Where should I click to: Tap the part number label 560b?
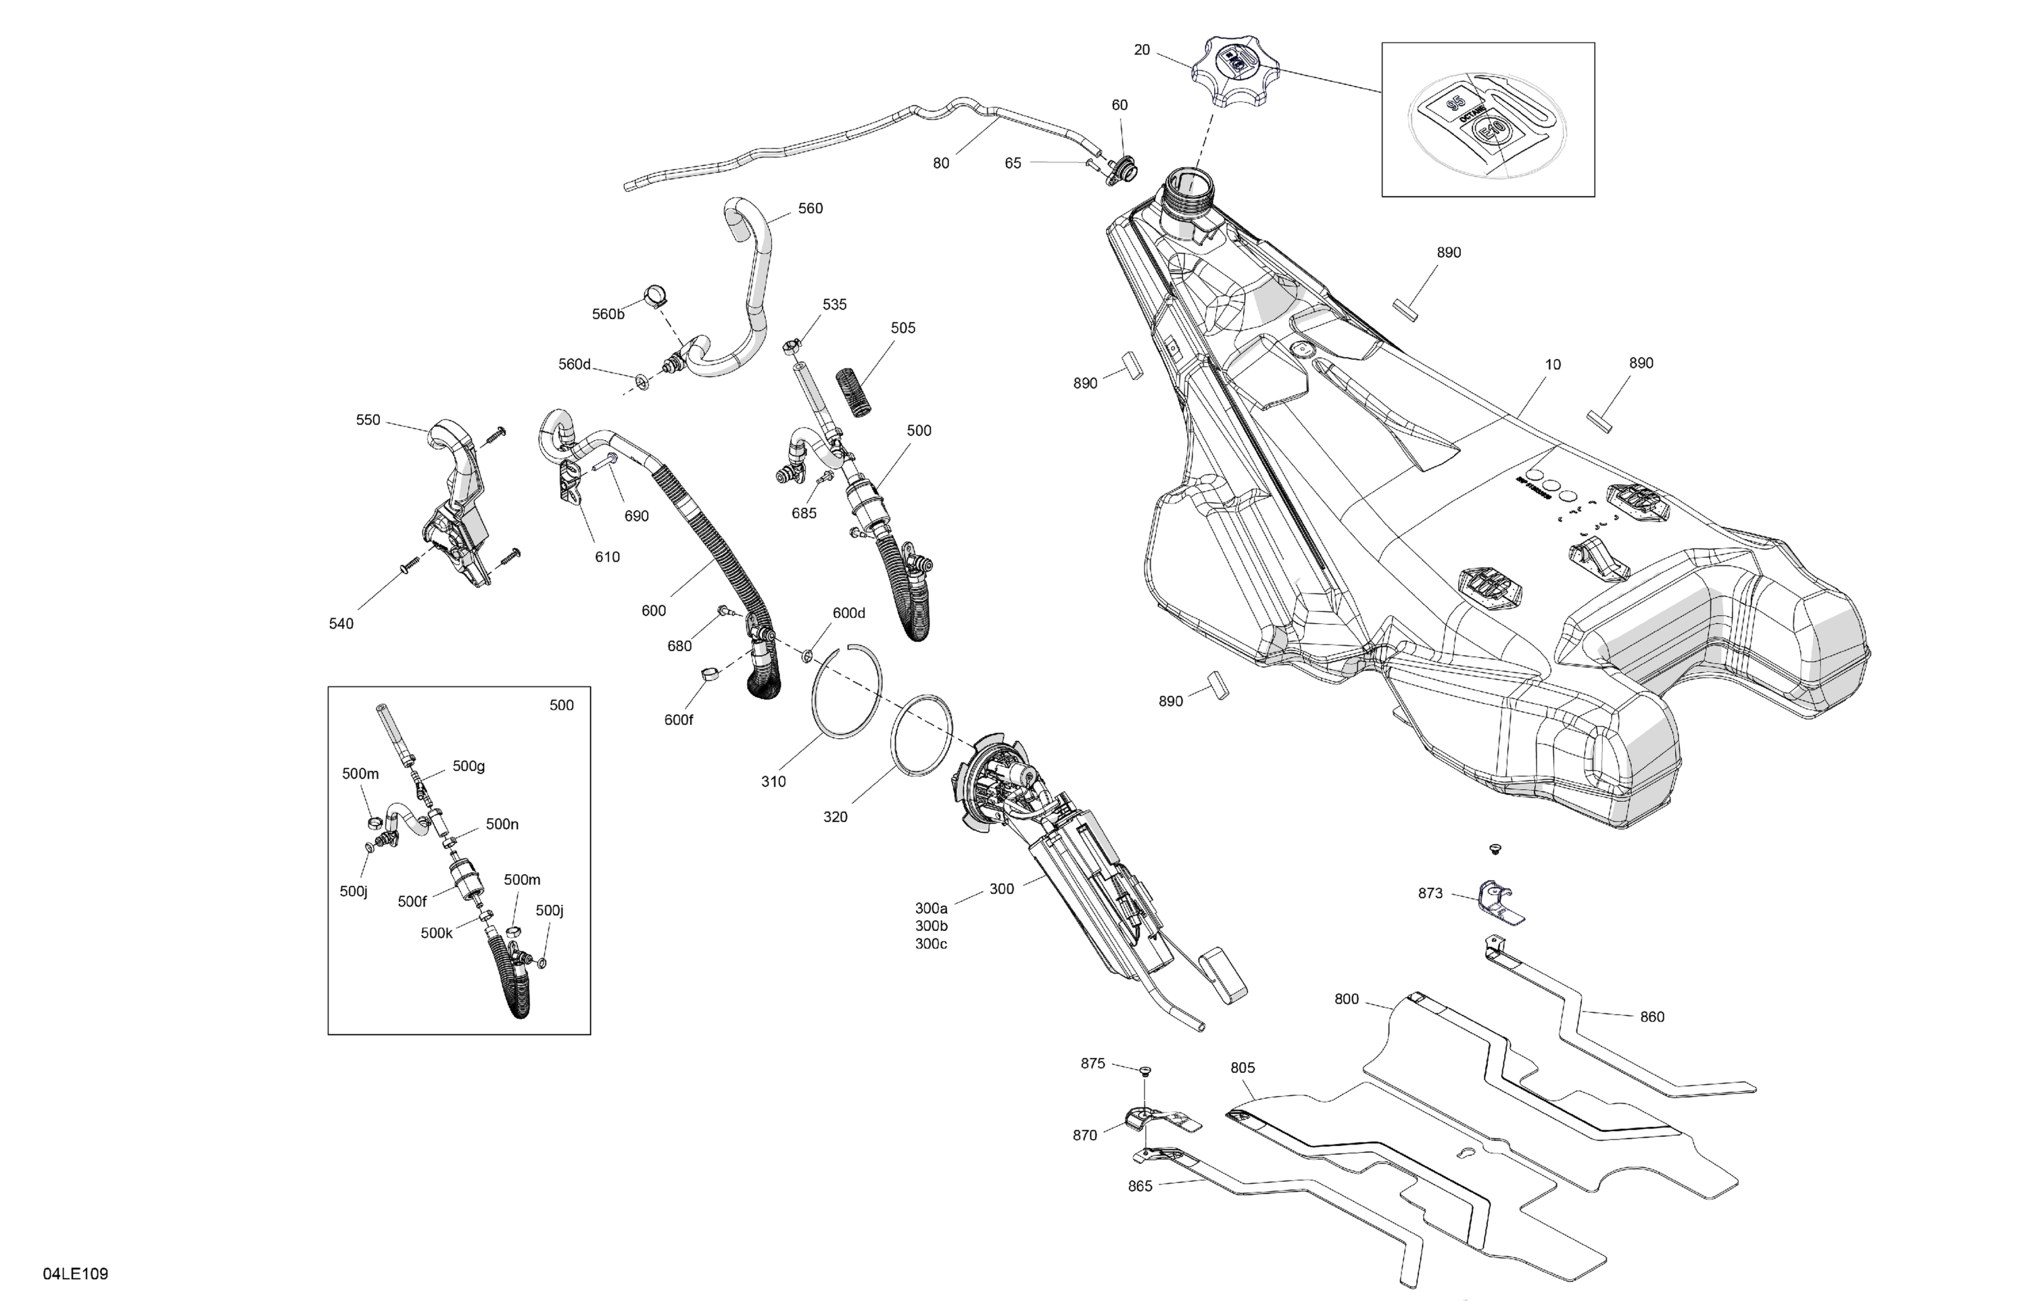(608, 314)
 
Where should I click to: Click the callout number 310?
(773, 782)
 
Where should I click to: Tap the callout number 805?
(1242, 1068)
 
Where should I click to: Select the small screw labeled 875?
(1144, 1070)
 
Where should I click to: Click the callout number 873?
(1430, 893)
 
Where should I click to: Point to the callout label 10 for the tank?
(1553, 365)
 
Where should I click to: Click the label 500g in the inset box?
(468, 766)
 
